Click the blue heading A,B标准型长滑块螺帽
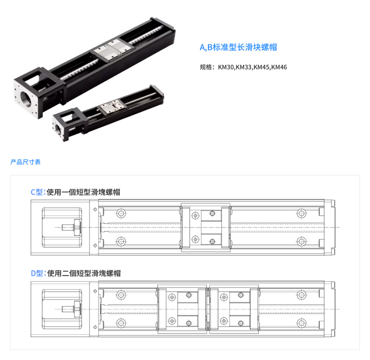tap(238, 47)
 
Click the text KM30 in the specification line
tap(226, 67)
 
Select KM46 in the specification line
tap(279, 67)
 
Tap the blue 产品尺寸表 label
tap(26, 162)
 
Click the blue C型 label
tap(37, 192)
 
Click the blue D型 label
tap(37, 273)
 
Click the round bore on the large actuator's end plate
tap(26, 99)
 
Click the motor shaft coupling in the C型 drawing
tap(72, 227)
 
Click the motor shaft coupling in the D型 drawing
tap(72, 309)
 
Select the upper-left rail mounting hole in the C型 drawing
tap(121, 214)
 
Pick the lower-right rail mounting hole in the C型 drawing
tap(302, 241)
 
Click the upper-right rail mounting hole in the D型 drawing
tap(302, 295)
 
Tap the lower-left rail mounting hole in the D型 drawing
tap(121, 323)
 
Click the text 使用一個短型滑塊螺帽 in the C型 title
tap(84, 192)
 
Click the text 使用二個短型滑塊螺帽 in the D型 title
tap(84, 273)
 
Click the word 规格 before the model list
tap(206, 67)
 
